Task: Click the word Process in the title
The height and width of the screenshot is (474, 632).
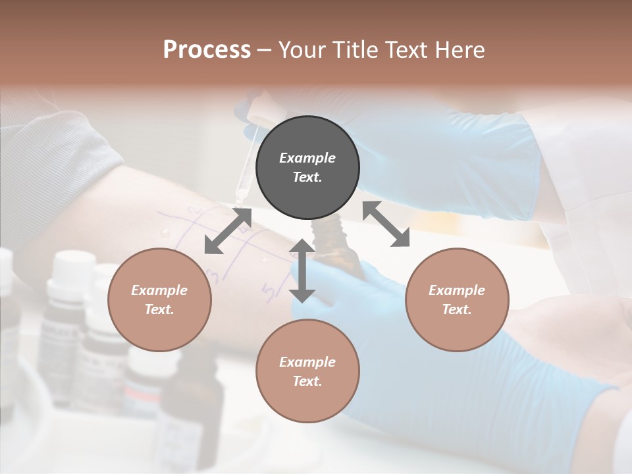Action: (207, 50)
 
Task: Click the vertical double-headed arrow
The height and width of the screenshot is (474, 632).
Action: (302, 271)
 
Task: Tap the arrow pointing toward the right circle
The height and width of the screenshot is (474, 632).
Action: (386, 224)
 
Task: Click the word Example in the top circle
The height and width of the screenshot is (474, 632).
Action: (307, 158)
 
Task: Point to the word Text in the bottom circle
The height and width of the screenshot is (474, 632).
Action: (307, 381)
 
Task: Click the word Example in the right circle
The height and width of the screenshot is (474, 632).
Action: (457, 290)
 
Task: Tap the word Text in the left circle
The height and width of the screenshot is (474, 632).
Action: (159, 309)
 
